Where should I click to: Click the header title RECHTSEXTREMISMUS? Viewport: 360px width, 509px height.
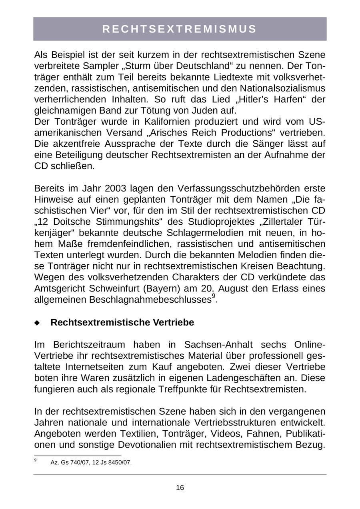tap(180, 29)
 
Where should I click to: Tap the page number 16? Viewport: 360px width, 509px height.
tap(180, 487)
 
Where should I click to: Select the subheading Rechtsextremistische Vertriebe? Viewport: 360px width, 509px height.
tap(122, 323)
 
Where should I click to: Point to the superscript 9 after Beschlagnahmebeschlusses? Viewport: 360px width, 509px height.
tap(214, 296)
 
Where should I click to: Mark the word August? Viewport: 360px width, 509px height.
tap(236, 288)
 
